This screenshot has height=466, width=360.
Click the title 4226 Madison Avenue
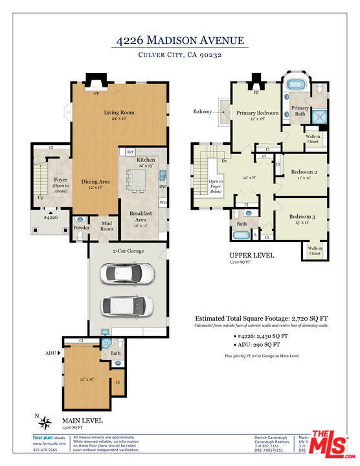(179, 41)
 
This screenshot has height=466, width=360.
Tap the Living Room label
(118, 113)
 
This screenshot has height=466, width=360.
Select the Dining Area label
(95, 182)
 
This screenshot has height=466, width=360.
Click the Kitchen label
(146, 159)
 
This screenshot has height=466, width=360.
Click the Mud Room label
(106, 227)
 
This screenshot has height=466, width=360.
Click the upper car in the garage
(128, 274)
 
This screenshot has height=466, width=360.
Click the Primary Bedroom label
(257, 113)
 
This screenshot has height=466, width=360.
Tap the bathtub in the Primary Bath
(297, 85)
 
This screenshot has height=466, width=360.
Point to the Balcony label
(203, 111)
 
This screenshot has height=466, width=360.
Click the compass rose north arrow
(45, 423)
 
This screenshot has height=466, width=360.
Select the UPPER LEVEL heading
(252, 256)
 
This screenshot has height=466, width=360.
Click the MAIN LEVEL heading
(82, 419)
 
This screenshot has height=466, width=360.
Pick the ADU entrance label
(51, 353)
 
